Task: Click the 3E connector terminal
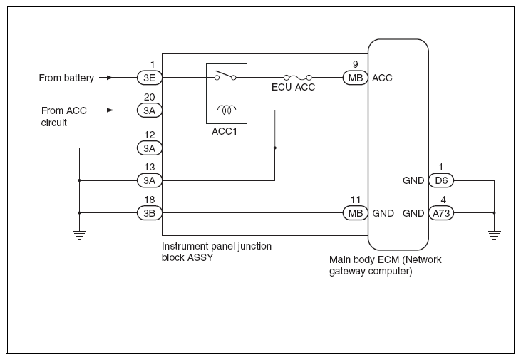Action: pos(150,78)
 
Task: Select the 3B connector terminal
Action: pos(150,213)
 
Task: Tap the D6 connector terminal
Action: pos(441,180)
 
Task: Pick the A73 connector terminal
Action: pos(441,213)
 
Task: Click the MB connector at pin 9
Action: pos(356,78)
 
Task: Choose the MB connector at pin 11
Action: pos(356,213)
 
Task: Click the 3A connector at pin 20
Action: pos(150,110)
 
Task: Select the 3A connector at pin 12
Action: pos(150,148)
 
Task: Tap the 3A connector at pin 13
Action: pos(150,180)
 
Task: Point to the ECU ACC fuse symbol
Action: pos(297,78)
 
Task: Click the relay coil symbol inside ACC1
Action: pos(227,109)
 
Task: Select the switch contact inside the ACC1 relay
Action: pos(225,76)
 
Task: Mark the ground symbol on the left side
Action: pos(79,235)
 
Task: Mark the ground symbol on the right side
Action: pos(495,235)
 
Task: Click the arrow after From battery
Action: pos(107,78)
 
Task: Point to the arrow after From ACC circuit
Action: pos(107,110)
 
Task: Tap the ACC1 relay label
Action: pos(225,132)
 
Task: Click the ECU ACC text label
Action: pos(294,87)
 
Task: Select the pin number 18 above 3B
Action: pos(150,200)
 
